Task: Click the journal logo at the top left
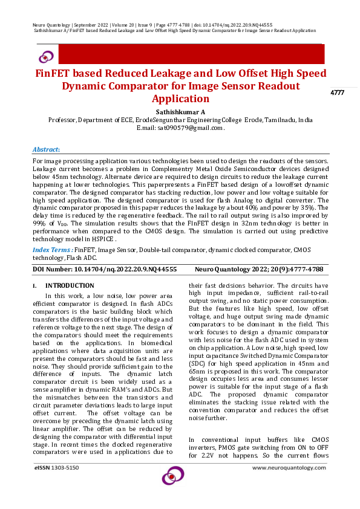[46, 57]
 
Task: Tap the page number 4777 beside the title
[337, 92]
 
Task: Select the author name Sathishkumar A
[180, 112]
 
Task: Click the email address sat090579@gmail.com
[190, 128]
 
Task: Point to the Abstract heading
[46, 149]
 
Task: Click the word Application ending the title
[180, 99]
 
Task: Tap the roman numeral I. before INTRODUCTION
[35, 285]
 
